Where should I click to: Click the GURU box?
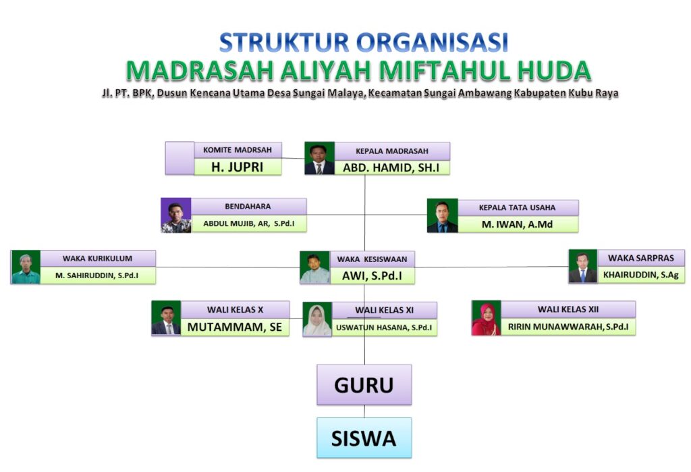point(364,385)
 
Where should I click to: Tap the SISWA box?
point(364,438)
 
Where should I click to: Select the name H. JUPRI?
point(238,167)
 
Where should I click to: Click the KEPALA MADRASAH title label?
point(392,151)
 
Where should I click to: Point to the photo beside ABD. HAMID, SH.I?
point(319,159)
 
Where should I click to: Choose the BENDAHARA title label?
point(248,207)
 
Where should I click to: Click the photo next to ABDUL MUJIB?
point(176,215)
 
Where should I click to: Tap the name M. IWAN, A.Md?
point(518,224)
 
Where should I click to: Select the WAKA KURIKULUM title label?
point(97,259)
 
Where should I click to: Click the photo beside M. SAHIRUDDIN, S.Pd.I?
point(26,267)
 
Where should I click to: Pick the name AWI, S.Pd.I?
point(372,276)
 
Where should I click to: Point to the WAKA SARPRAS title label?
point(641,258)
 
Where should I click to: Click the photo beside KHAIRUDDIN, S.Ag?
point(583,266)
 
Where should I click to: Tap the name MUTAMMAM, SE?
point(234,327)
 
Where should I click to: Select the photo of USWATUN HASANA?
point(317,319)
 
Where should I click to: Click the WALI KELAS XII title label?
point(568,309)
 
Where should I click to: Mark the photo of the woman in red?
point(487,318)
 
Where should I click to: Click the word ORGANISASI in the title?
point(433,43)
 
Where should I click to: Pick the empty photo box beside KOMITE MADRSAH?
point(179,159)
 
